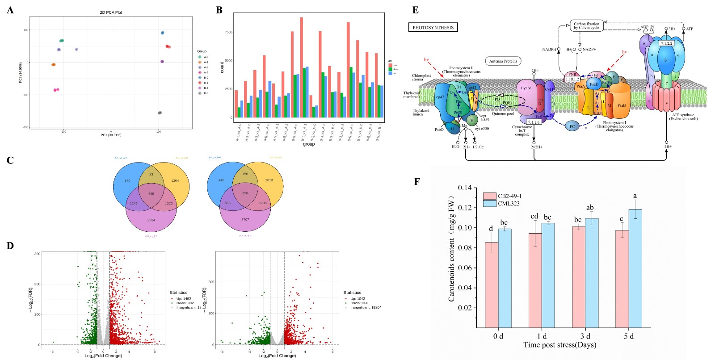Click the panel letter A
(10, 10)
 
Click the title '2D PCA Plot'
(111, 13)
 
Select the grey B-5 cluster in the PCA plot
(160, 113)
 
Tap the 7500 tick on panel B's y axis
(228, 32)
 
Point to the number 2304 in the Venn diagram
(151, 220)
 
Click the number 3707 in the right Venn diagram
(245, 219)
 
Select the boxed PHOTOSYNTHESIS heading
(433, 28)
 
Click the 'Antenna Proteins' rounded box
(503, 61)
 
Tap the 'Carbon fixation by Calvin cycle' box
(586, 26)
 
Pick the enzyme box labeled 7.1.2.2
(666, 44)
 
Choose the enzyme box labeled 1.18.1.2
(572, 79)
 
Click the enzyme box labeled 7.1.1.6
(534, 121)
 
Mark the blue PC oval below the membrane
(572, 126)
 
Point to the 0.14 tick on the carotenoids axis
(465, 188)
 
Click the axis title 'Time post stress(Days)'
(559, 345)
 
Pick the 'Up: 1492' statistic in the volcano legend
(181, 298)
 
